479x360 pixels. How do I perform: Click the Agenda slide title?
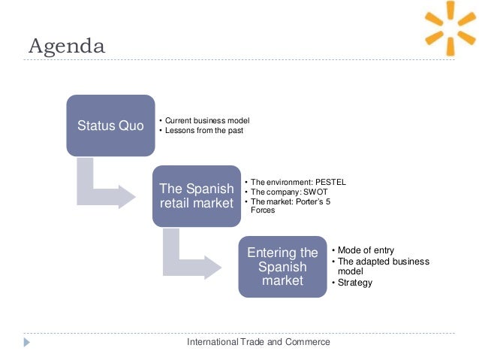click(x=67, y=47)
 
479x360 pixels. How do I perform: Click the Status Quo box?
click(x=110, y=126)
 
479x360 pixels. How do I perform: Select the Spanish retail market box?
click(x=197, y=195)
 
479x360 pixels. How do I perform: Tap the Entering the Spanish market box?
click(x=282, y=266)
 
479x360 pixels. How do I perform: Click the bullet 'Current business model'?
click(x=206, y=120)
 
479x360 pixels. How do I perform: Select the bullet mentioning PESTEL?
click(x=297, y=182)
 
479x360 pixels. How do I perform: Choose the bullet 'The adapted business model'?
click(x=382, y=266)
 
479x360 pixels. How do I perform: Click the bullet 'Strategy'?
click(x=354, y=283)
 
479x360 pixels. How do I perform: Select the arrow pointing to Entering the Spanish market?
click(x=188, y=259)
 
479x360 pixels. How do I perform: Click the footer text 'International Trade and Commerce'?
click(x=259, y=342)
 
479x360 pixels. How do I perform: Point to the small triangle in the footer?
click(x=28, y=342)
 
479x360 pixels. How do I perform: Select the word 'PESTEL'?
click(x=330, y=182)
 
